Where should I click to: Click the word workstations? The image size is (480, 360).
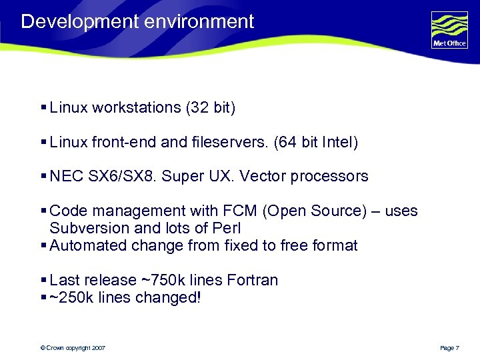pyautogui.click(x=135, y=107)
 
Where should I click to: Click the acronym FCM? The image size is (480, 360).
pyautogui.click(x=243, y=211)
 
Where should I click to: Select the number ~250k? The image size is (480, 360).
pyautogui.click(x=71, y=297)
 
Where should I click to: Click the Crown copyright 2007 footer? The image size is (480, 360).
pyautogui.click(x=73, y=348)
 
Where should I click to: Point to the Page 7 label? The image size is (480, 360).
pyautogui.click(x=449, y=348)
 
